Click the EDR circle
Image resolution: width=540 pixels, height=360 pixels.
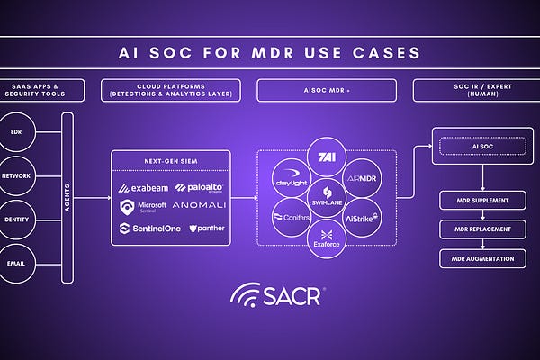pyautogui.click(x=16, y=132)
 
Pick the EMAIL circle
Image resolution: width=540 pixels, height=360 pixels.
pyautogui.click(x=16, y=265)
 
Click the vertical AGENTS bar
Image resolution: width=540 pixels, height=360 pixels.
pyautogui.click(x=67, y=198)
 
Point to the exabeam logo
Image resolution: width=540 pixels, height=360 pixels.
pyautogui.click(x=143, y=188)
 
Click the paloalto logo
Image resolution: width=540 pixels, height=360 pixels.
pyautogui.click(x=199, y=188)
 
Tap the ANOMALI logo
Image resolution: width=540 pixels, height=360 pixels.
pyautogui.click(x=199, y=208)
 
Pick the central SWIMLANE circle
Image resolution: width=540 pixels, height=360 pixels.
pyautogui.click(x=328, y=198)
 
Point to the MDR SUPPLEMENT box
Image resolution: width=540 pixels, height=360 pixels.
pyautogui.click(x=482, y=200)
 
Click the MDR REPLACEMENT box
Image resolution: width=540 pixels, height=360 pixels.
pyautogui.click(x=482, y=229)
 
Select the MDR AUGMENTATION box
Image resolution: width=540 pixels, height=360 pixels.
pyautogui.click(x=482, y=258)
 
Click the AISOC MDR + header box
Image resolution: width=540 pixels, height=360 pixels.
pyautogui.click(x=328, y=90)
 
